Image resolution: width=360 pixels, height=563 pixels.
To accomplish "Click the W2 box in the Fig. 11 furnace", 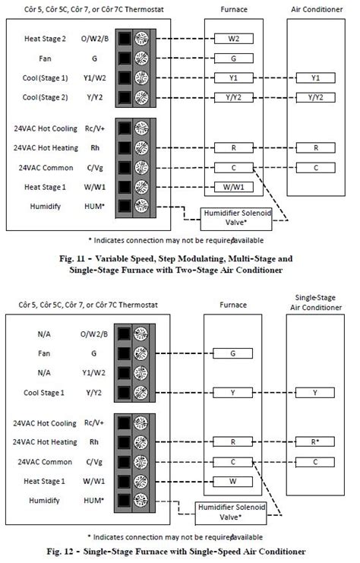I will point(233,38).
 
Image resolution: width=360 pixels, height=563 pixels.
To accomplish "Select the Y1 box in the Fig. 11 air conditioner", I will point(315,78).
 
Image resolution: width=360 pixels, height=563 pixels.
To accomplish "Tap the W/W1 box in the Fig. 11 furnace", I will point(233,187).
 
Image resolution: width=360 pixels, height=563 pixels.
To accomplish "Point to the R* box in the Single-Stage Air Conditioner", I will point(315,442).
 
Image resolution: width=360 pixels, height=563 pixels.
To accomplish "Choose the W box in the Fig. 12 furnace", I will point(233,481).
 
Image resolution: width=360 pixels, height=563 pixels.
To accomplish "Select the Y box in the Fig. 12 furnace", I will point(233,392).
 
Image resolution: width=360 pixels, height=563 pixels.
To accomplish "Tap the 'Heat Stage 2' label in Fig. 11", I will point(46,38).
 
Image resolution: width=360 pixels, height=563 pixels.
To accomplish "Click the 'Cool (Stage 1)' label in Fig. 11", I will point(46,77).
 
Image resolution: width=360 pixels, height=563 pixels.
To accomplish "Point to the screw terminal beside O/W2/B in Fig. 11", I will point(140,38).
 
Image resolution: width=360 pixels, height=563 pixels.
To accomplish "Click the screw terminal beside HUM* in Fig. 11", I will point(140,206).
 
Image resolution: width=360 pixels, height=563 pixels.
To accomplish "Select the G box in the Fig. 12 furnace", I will point(233,353).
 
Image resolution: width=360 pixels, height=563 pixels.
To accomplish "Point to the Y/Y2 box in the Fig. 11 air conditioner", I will point(315,97).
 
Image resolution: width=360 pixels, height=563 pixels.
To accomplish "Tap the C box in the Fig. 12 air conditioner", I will point(315,461).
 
